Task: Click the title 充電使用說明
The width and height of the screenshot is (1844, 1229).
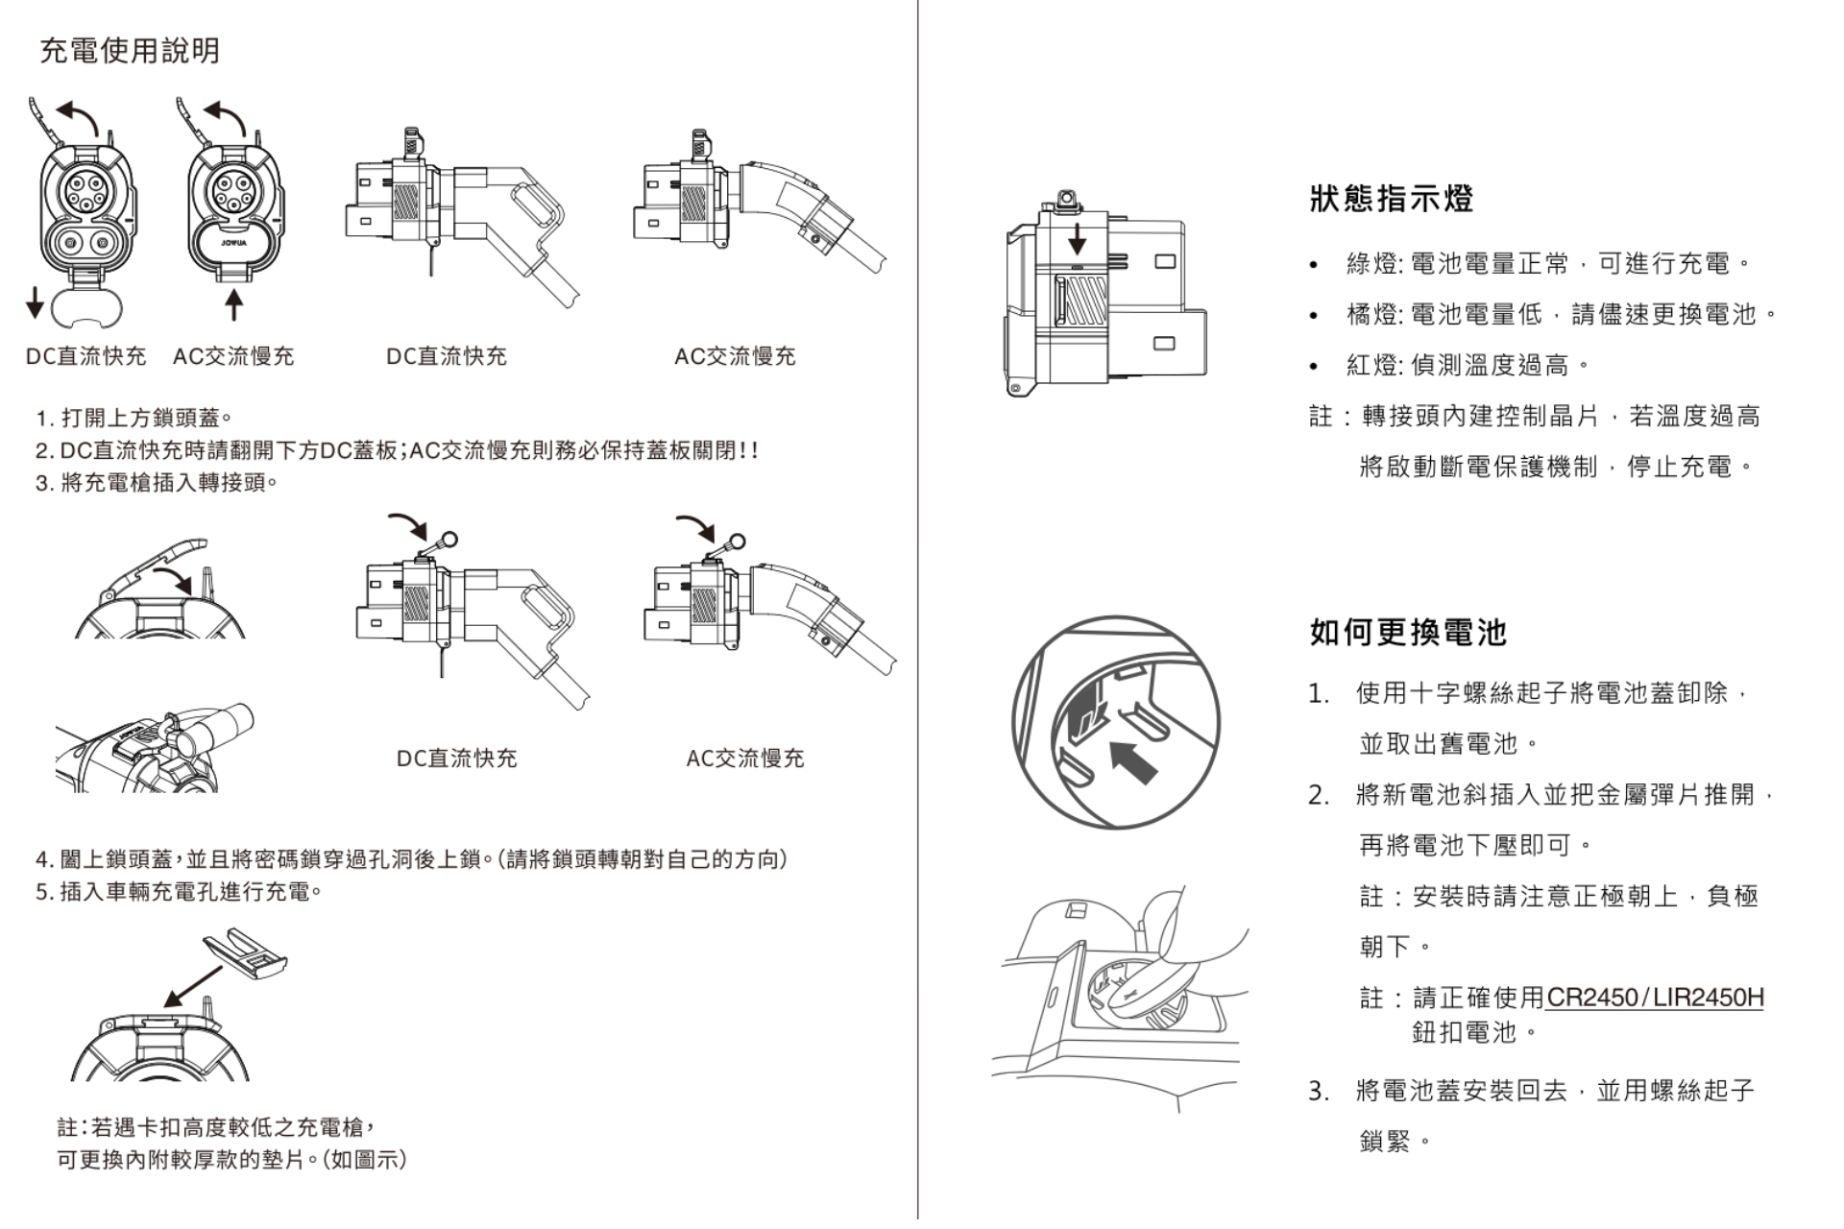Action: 130,50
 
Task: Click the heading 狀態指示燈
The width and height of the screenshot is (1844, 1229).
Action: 1391,199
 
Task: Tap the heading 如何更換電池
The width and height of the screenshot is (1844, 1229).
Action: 1408,632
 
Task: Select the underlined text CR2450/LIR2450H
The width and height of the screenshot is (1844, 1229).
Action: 1655,998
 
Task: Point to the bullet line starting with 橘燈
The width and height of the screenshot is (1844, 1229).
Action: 1561,314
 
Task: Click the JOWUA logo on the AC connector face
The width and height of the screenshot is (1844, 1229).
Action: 233,243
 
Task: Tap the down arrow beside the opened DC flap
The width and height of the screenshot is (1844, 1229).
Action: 35,301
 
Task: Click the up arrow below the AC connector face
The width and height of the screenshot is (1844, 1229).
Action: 233,304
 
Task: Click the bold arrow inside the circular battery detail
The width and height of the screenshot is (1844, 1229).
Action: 1133,761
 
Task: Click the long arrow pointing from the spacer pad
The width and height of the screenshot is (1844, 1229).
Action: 195,985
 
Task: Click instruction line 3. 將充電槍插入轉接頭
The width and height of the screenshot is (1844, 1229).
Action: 157,482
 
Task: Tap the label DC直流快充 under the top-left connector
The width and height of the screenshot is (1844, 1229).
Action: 85,356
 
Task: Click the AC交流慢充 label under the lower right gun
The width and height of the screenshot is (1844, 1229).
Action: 744,759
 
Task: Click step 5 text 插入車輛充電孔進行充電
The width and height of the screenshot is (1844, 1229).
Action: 179,892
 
